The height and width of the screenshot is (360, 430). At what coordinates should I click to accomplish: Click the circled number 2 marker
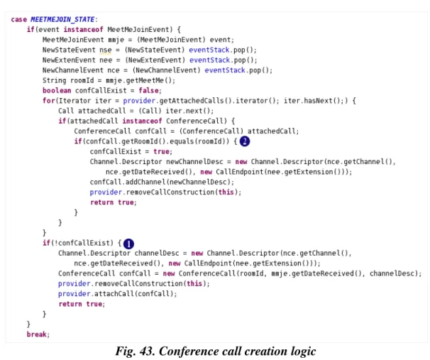pyautogui.click(x=245, y=141)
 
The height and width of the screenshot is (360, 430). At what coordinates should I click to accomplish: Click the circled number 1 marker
pyautogui.click(x=128, y=244)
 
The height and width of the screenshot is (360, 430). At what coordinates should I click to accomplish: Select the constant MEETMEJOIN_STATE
pyautogui.click(x=62, y=19)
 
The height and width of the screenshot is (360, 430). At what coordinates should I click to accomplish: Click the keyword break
pyautogui.click(x=37, y=334)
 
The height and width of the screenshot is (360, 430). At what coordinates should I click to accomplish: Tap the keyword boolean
pyautogui.click(x=57, y=91)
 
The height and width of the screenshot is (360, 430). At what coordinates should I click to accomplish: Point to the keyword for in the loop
pyautogui.click(x=48, y=101)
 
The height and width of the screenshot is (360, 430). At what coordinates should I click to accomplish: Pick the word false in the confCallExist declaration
pyautogui.click(x=148, y=91)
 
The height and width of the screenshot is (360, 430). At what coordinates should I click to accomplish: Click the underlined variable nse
pyautogui.click(x=106, y=50)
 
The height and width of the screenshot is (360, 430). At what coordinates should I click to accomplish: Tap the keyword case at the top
pyautogui.click(x=19, y=19)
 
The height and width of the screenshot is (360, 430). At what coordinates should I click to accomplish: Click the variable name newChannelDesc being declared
pyautogui.click(x=194, y=162)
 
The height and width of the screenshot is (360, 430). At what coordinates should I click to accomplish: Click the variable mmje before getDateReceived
pyautogui.click(x=279, y=273)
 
